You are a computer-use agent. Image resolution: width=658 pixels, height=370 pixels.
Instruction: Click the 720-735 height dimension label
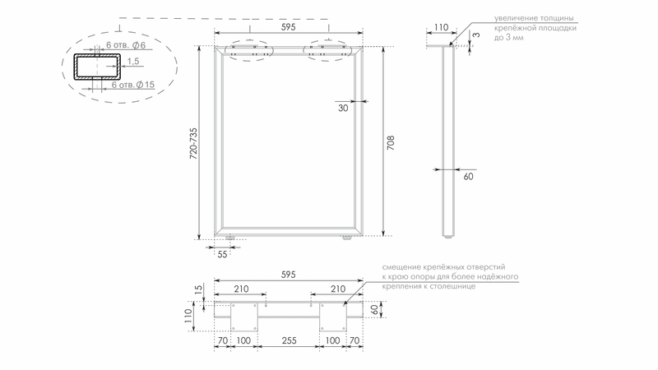(x=193, y=143)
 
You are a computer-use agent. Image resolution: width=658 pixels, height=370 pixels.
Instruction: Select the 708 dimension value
(x=391, y=143)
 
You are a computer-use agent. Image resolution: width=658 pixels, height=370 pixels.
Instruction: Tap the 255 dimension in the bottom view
(x=290, y=340)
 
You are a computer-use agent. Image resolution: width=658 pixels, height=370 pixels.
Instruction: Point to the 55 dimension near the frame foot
(x=222, y=254)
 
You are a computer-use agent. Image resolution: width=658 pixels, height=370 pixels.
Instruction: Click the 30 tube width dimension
(x=343, y=109)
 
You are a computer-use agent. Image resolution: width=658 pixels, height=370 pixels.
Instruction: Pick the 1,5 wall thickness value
(x=133, y=61)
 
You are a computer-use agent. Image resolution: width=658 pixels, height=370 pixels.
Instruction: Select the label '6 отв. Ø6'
(x=126, y=45)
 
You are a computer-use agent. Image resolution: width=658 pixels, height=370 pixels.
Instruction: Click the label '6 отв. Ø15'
(x=133, y=85)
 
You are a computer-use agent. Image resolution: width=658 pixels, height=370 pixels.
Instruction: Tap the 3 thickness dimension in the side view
(x=476, y=35)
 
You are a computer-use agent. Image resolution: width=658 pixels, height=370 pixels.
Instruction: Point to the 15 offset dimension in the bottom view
(x=199, y=289)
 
